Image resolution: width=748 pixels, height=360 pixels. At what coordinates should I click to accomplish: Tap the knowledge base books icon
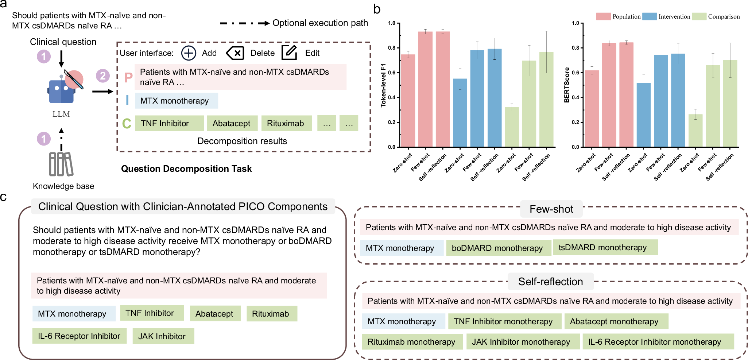61,164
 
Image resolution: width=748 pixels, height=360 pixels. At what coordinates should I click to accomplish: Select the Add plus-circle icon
189,53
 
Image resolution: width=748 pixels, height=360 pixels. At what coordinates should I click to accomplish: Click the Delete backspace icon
235,53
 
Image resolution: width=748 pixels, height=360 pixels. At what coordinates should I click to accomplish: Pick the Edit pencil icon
289,53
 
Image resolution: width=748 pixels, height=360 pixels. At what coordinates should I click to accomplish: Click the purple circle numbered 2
103,76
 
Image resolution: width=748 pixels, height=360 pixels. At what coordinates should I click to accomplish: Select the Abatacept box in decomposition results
232,123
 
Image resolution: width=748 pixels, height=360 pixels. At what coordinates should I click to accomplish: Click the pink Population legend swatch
603,16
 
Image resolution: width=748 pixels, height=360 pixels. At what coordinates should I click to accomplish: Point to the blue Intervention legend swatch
649,16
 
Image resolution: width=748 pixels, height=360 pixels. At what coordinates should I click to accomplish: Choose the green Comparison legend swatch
699,16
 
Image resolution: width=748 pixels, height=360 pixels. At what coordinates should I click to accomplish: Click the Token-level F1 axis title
383,85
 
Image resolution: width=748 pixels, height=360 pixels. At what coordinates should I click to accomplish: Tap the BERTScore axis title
566,85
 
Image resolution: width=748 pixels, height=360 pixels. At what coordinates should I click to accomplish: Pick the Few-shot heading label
551,209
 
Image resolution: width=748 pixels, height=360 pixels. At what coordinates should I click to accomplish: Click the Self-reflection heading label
550,282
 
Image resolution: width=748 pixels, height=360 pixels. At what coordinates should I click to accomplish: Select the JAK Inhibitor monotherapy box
522,342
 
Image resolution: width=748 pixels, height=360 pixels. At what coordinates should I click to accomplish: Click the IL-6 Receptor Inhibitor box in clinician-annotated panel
79,336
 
